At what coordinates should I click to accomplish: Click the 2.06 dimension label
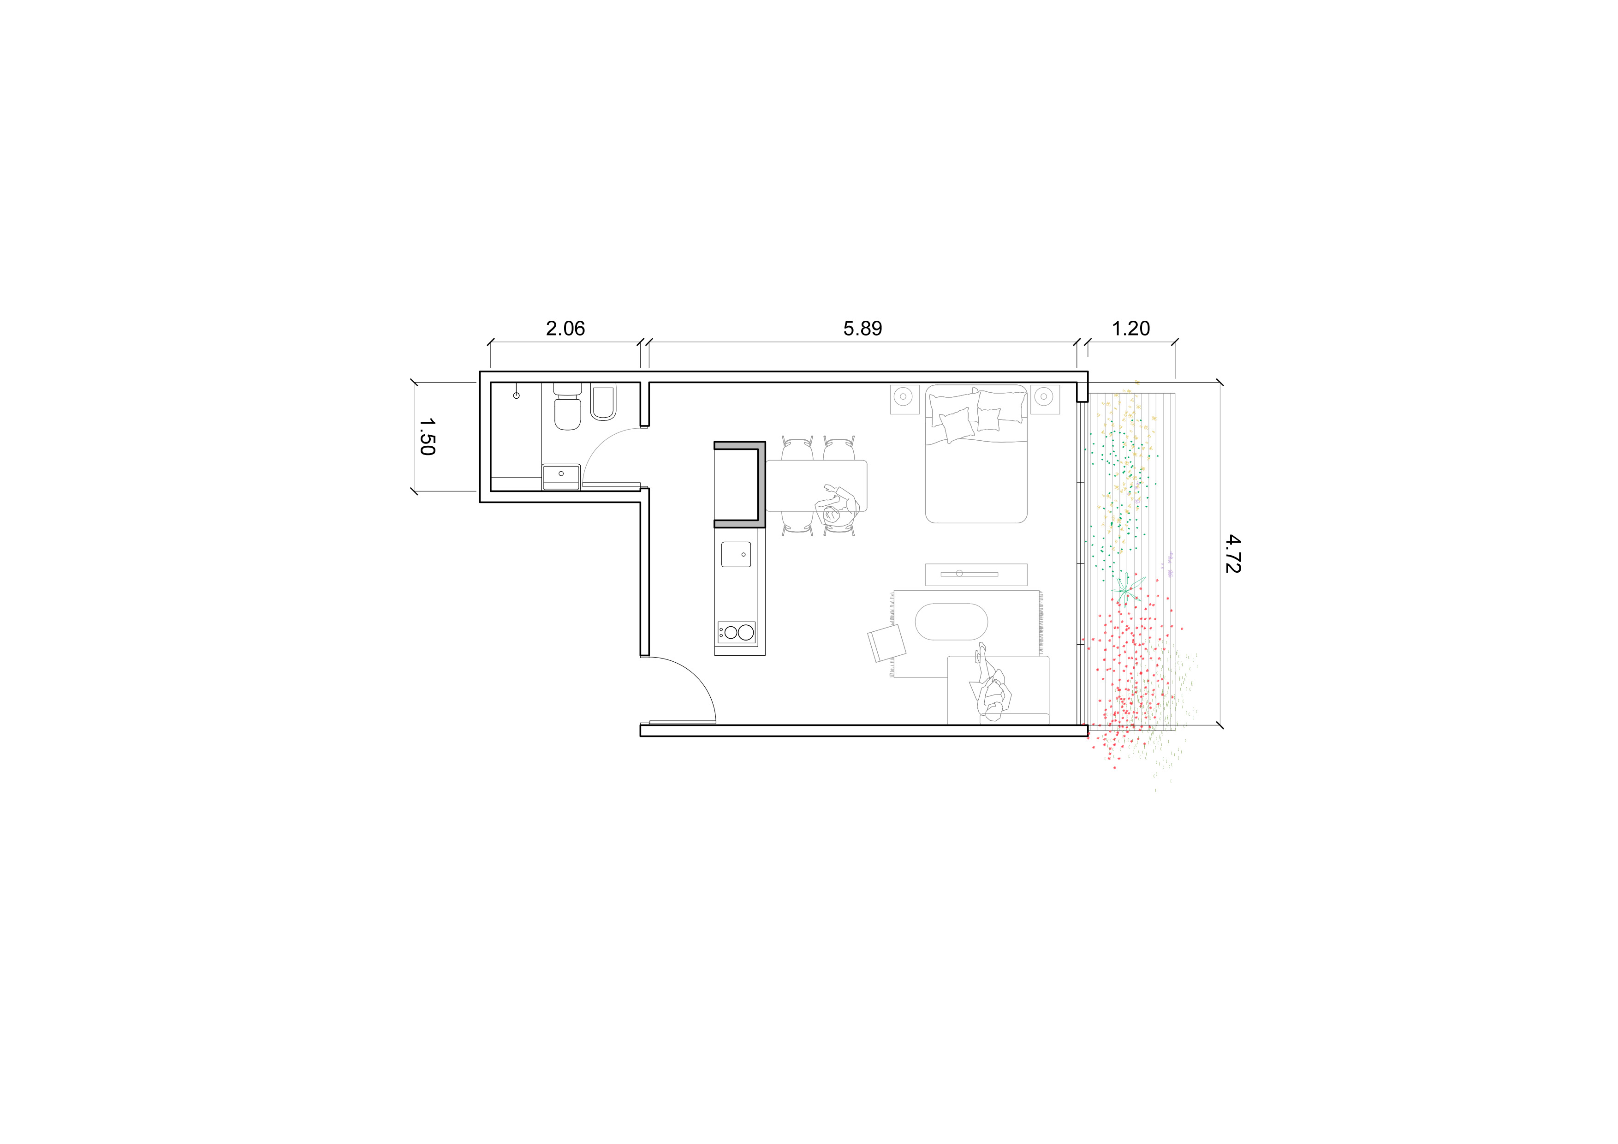click(565, 329)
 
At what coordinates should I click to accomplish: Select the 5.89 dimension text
click(863, 329)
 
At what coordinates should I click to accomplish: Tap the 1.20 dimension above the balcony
click(1130, 329)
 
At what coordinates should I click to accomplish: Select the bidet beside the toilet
click(602, 402)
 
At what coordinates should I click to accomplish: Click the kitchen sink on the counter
click(736, 554)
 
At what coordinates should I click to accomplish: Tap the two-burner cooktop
click(737, 632)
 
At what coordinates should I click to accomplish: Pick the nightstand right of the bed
click(1045, 399)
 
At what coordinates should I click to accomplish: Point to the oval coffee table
click(952, 622)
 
